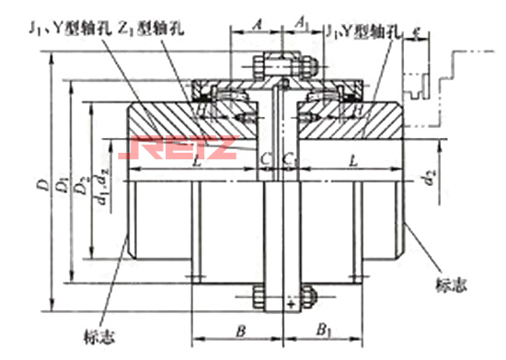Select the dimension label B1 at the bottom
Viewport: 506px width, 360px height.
(x=324, y=329)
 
